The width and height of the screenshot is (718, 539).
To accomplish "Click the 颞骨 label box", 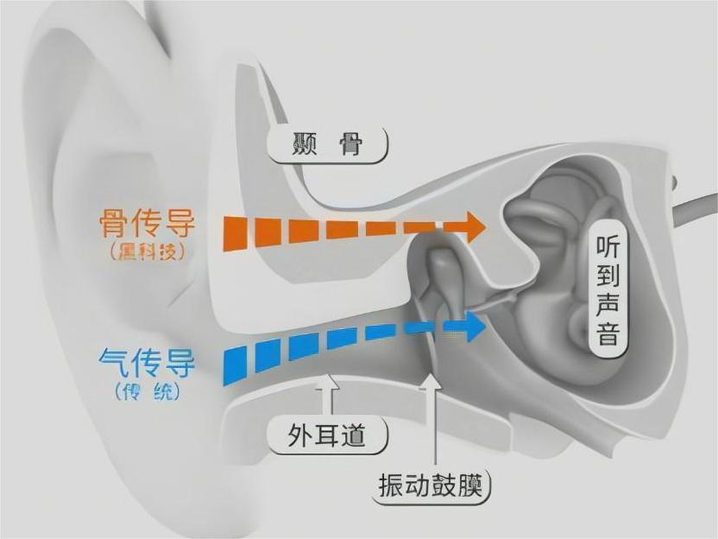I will click(327, 144).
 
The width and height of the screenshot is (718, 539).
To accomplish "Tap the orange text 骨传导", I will click(148, 225).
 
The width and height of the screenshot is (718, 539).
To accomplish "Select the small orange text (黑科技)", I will click(148, 253).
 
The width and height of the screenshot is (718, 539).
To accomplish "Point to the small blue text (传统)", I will click(147, 390).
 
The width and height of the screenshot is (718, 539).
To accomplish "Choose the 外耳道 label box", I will click(327, 435).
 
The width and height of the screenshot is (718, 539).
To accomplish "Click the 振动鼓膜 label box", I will click(434, 485).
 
